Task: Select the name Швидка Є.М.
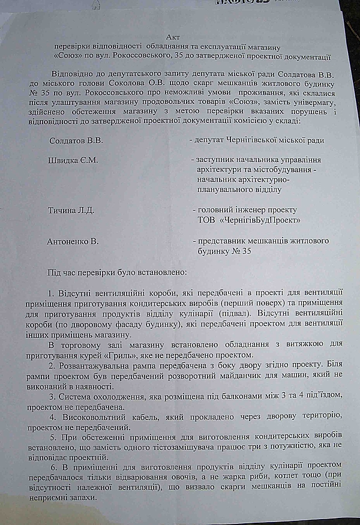[x=73, y=160]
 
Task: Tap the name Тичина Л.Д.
[x=71, y=211]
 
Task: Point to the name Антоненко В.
[x=73, y=242]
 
